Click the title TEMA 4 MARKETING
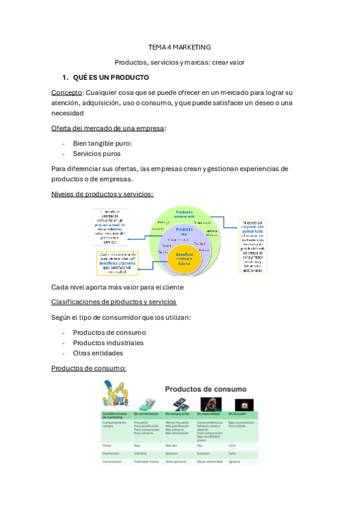pos(179,47)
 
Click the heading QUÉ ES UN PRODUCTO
pos(111,78)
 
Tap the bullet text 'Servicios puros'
pos(97,154)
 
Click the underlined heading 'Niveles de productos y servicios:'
pos(102,194)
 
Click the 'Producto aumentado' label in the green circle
pos(188,214)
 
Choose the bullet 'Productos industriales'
pos(108,343)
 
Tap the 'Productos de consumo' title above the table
pos(206,389)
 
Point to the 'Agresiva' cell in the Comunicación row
pos(235,462)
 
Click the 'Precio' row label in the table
pos(107,445)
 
